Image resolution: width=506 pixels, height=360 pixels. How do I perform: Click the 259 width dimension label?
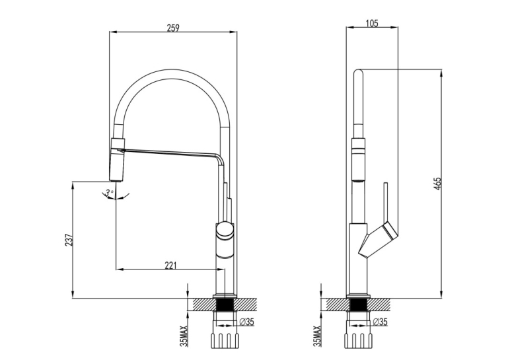pos(173,28)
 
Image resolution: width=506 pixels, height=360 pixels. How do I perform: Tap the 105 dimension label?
pos(372,24)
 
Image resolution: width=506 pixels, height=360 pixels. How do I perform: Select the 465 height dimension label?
pos(437,184)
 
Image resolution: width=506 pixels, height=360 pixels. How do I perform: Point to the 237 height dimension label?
pos(69,240)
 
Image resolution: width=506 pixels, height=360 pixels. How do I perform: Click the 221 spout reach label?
pos(170,265)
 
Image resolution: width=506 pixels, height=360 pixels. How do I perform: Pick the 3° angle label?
pos(110,193)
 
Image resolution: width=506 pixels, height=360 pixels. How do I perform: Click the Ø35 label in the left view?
pos(247,322)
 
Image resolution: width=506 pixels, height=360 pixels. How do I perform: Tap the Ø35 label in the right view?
pos(380,322)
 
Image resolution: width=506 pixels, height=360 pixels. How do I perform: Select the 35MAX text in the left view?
pos(183,336)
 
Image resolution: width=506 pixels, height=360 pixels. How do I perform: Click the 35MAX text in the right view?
pos(317,336)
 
